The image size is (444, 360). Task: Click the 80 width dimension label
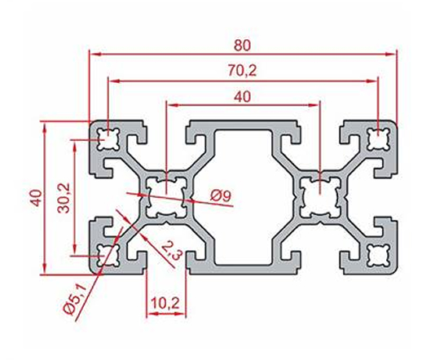(x=243, y=46)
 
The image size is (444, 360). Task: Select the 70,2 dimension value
(x=242, y=71)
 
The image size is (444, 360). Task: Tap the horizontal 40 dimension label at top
(x=243, y=97)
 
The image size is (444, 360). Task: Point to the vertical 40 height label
(x=37, y=198)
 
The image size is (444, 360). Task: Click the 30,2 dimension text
(x=64, y=198)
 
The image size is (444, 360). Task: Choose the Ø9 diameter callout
(x=221, y=195)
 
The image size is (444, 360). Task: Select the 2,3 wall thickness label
(x=171, y=251)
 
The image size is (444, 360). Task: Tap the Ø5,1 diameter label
(x=74, y=300)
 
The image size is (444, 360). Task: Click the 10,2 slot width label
(x=165, y=304)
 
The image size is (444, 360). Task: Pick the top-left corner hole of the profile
(x=108, y=139)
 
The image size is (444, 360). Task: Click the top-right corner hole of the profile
(x=379, y=139)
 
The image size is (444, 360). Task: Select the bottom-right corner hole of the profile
(x=379, y=256)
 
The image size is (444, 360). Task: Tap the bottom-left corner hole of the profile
(x=108, y=256)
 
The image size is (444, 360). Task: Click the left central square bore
(x=167, y=198)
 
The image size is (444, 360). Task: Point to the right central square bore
(x=320, y=197)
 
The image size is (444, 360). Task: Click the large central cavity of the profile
(x=243, y=198)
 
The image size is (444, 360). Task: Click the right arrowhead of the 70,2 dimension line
(x=371, y=81)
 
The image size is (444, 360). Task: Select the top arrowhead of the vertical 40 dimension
(x=44, y=128)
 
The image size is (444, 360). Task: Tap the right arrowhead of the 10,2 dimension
(x=181, y=314)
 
